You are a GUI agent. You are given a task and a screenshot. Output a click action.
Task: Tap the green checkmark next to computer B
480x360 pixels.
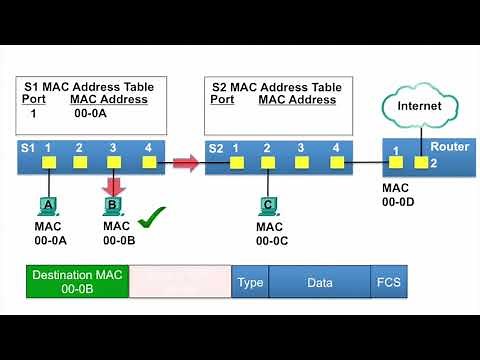coord(151,215)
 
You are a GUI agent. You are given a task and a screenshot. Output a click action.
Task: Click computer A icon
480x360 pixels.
coord(47,206)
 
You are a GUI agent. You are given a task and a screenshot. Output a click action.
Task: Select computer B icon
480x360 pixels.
coord(113,206)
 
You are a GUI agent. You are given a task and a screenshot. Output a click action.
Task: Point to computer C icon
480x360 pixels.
coord(268,206)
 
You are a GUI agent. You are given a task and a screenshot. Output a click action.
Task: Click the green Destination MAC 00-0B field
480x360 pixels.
coord(77,282)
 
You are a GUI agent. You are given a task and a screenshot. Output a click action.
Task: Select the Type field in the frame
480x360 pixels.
coord(250,283)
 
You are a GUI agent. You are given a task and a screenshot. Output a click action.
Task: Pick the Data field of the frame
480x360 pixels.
coord(320,283)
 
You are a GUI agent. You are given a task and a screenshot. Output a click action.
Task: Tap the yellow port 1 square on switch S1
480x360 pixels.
coord(47,162)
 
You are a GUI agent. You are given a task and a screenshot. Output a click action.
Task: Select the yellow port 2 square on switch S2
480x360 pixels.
coord(268,162)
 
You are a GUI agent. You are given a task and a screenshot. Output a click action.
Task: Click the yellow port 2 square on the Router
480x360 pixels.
coord(422,162)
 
